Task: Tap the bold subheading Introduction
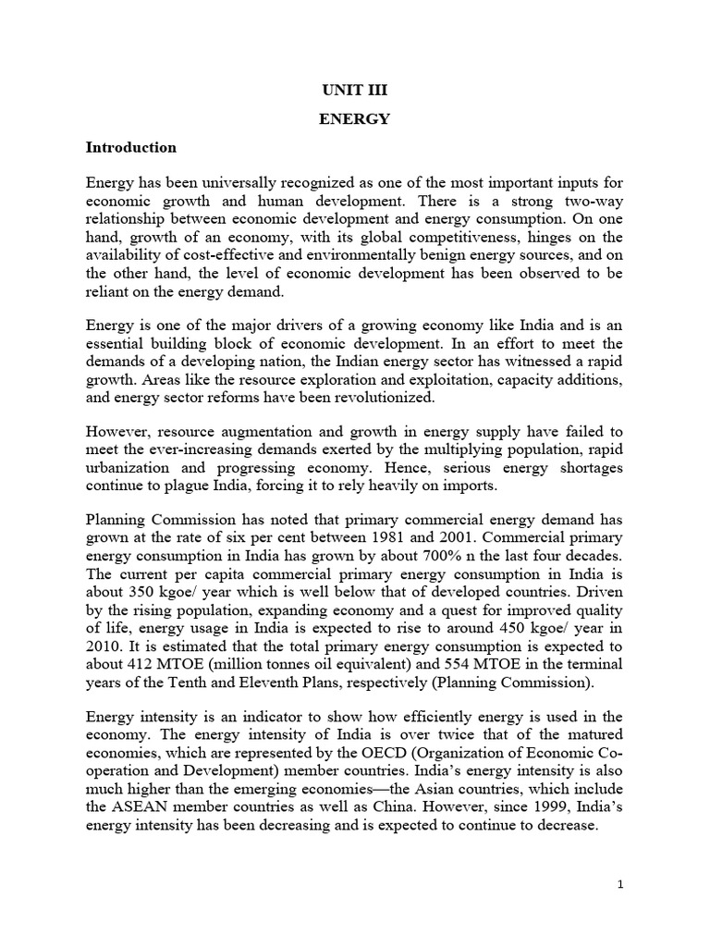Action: [131, 147]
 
